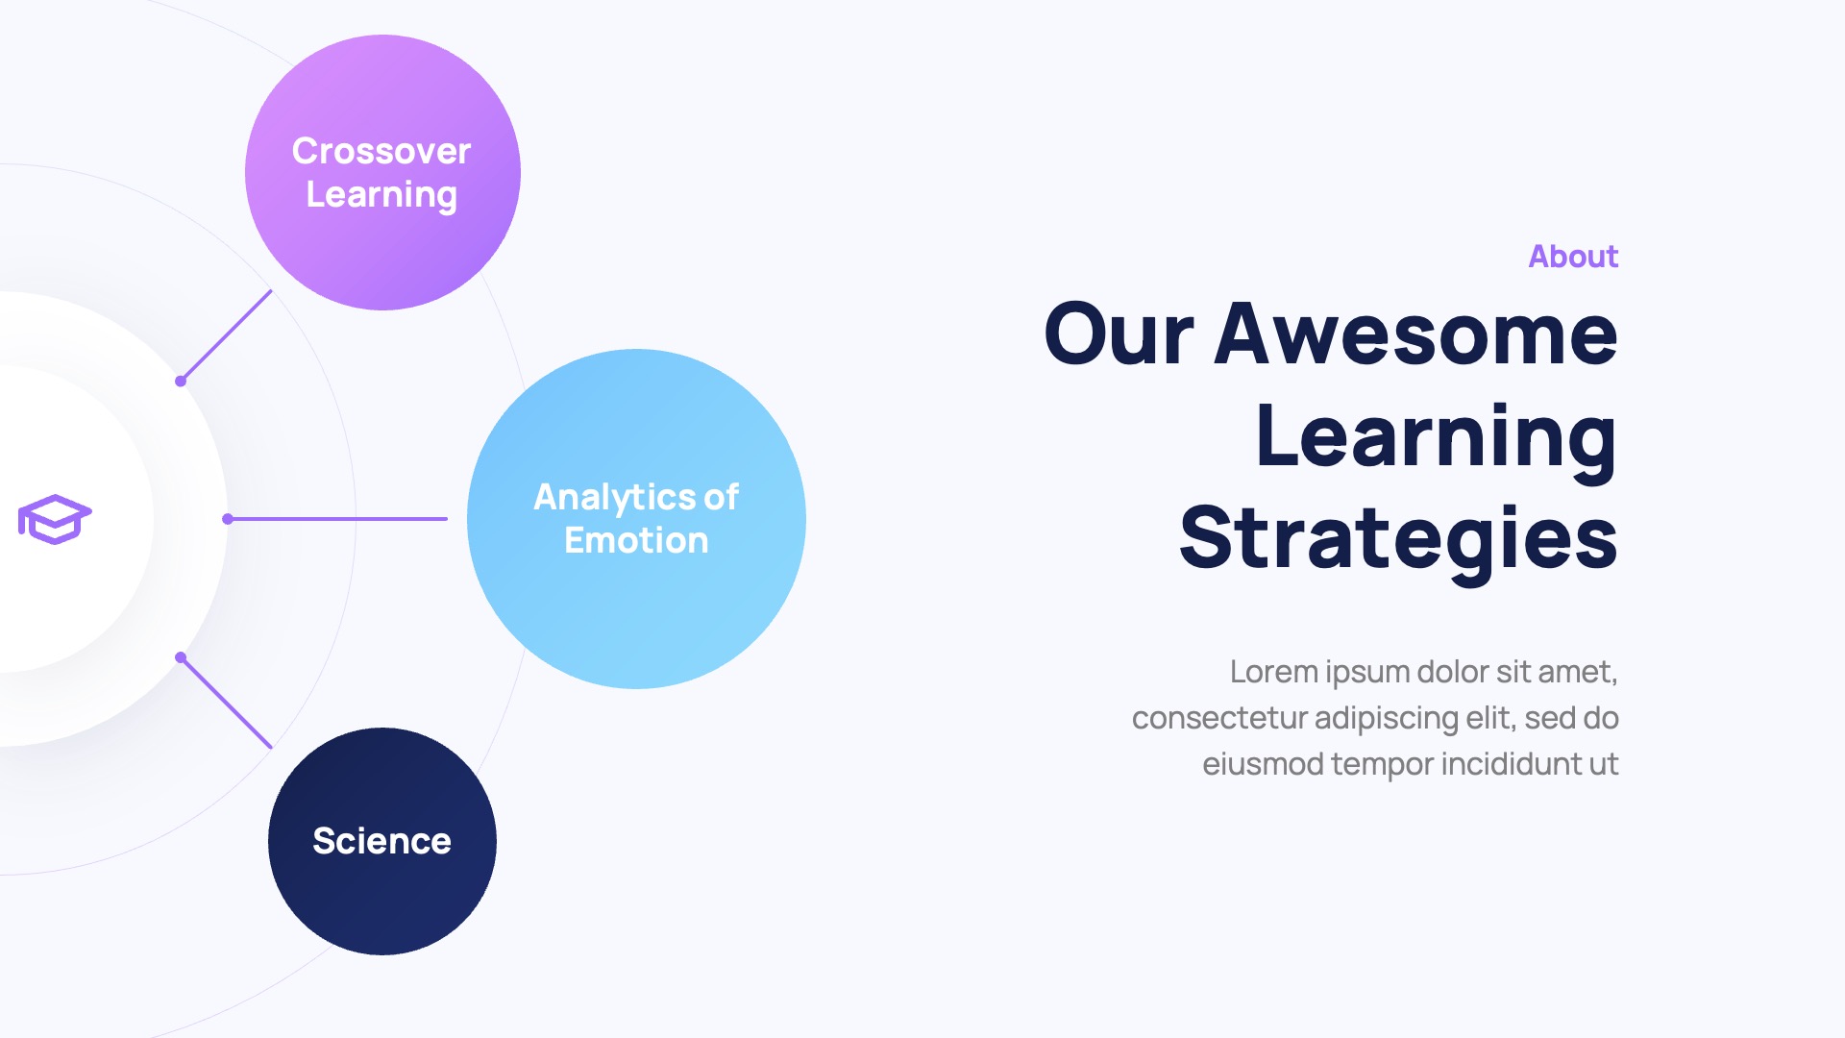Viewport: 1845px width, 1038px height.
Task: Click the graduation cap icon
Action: pos(55,519)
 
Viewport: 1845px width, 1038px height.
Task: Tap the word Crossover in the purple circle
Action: pos(381,151)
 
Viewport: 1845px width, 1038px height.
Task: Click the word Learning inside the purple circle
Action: pos(381,195)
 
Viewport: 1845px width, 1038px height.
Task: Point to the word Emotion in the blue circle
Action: pos(636,540)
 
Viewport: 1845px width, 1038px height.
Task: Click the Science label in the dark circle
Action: pos(381,841)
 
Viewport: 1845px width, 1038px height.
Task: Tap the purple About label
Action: pos(1573,257)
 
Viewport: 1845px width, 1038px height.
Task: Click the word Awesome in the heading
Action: pos(1415,334)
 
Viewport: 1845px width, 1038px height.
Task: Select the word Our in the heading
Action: pos(1119,334)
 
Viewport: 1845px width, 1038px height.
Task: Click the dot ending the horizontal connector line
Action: pos(228,519)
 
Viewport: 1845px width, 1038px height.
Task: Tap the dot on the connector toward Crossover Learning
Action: pos(181,382)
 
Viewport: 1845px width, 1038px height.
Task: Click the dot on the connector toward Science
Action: pos(181,657)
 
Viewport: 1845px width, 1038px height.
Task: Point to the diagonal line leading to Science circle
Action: pos(228,704)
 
